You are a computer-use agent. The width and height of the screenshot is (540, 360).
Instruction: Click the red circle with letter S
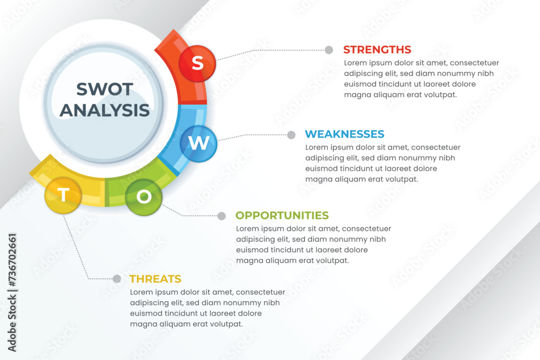(x=197, y=63)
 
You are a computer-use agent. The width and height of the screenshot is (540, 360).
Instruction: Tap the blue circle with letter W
(x=199, y=144)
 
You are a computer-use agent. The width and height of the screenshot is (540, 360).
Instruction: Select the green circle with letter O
(x=144, y=197)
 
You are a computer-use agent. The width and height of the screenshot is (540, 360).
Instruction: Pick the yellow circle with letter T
(x=63, y=195)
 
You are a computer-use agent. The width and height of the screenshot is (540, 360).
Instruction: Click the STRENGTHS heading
(x=377, y=50)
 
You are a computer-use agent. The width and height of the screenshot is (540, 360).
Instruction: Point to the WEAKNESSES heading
(x=345, y=134)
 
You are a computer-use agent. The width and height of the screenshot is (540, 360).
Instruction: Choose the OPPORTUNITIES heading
(x=282, y=215)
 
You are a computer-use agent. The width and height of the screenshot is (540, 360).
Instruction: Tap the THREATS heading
(x=156, y=279)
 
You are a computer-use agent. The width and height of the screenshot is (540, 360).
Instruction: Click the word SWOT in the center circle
(x=105, y=89)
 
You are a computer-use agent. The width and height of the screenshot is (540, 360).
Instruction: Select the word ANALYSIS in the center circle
(x=105, y=110)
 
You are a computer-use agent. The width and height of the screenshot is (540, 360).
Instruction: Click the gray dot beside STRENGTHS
(x=329, y=50)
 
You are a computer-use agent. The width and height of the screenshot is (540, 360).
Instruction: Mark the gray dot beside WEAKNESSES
(x=292, y=135)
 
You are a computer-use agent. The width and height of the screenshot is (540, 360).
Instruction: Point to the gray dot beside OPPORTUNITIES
(x=222, y=216)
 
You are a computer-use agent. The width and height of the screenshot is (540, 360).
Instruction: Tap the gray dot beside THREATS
(x=117, y=279)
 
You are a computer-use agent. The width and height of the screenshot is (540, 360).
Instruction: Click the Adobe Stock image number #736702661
(x=12, y=260)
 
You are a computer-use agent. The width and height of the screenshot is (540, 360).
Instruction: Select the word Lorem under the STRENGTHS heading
(x=355, y=63)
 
